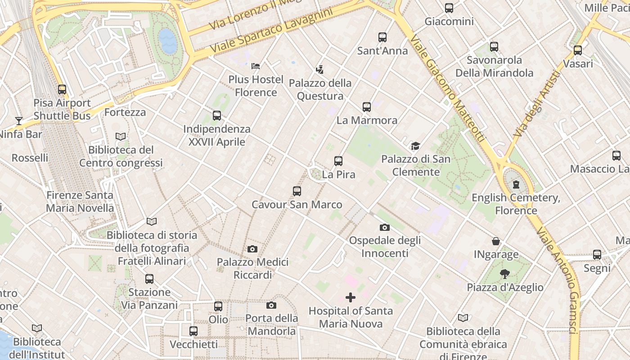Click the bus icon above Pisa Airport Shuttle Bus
tap(62, 90)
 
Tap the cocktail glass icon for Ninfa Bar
tap(18, 121)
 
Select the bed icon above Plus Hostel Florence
tap(256, 66)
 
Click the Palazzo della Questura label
tap(320, 90)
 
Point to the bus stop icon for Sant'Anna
tap(382, 37)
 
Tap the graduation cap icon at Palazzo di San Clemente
tap(415, 146)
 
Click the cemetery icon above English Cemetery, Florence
tap(516, 184)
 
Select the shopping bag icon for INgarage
tap(496, 241)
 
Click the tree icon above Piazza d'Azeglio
tap(505, 274)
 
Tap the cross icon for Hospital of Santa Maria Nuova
tap(351, 297)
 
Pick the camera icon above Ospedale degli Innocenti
tap(384, 227)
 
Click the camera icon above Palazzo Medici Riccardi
tap(252, 249)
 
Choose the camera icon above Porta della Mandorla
tap(271, 306)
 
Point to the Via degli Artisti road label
tap(536, 104)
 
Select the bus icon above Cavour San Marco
tap(297, 191)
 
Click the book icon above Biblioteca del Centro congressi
tap(121, 136)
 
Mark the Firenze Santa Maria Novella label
tap(80, 202)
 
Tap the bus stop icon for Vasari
tap(578, 50)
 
